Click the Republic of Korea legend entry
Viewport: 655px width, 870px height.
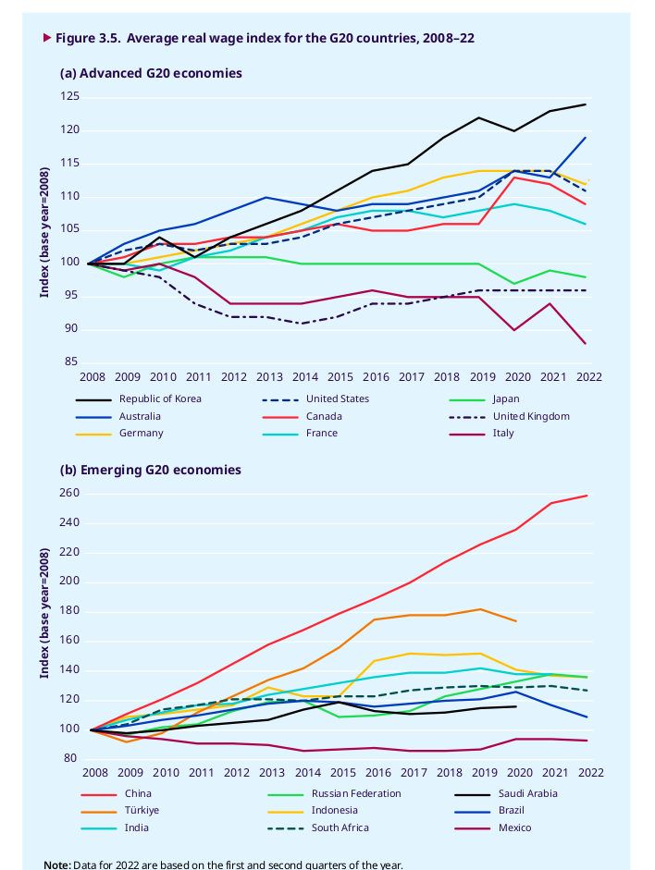click(x=160, y=399)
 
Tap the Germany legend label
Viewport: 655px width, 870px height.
click(x=142, y=433)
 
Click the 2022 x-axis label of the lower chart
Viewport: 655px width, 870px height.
click(x=589, y=772)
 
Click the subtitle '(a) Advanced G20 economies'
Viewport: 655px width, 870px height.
click(x=151, y=73)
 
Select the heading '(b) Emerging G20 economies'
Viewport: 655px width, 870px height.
click(x=151, y=470)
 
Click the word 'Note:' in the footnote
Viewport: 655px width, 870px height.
click(x=57, y=865)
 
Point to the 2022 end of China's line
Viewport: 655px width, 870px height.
click(x=587, y=496)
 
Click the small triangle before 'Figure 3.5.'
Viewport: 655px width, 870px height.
click(x=47, y=38)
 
